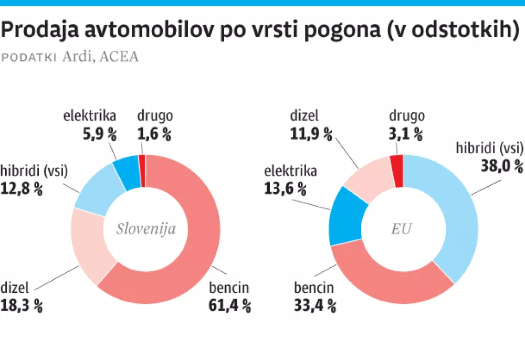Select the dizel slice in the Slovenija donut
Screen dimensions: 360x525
point(89,247)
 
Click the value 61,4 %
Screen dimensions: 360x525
point(230,306)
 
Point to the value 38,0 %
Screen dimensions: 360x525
point(502,166)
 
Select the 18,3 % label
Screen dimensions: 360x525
point(21,306)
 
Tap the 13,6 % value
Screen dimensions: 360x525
point(285,189)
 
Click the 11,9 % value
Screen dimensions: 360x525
point(311,134)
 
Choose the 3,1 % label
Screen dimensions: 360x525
point(406,134)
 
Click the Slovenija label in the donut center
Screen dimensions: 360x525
point(145,229)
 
